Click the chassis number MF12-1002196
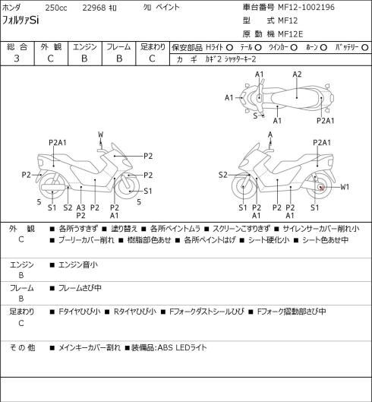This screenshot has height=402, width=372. click(306, 7)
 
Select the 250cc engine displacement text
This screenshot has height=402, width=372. click(56, 8)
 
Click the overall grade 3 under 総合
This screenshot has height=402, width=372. click(17, 59)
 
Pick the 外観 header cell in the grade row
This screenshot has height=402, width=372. click(51, 47)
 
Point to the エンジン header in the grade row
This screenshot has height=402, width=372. click(85, 47)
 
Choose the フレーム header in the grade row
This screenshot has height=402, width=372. click(118, 47)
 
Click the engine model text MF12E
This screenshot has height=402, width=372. click(291, 34)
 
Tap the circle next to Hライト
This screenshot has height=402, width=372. click(229, 47)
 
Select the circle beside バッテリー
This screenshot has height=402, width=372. click(365, 47)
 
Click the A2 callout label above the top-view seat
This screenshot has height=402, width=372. click(297, 74)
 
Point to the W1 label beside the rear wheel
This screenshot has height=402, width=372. click(345, 187)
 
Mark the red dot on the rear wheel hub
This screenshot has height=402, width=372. click(322, 188)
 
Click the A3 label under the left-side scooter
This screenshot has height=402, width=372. click(80, 207)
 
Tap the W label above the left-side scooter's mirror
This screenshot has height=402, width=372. click(101, 135)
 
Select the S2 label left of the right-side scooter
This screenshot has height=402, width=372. click(223, 175)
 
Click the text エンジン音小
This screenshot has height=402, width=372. click(78, 264)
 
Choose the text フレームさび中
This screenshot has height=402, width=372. click(80, 288)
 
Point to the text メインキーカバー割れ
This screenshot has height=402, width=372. click(90, 347)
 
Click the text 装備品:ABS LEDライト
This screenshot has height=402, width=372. click(169, 347)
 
